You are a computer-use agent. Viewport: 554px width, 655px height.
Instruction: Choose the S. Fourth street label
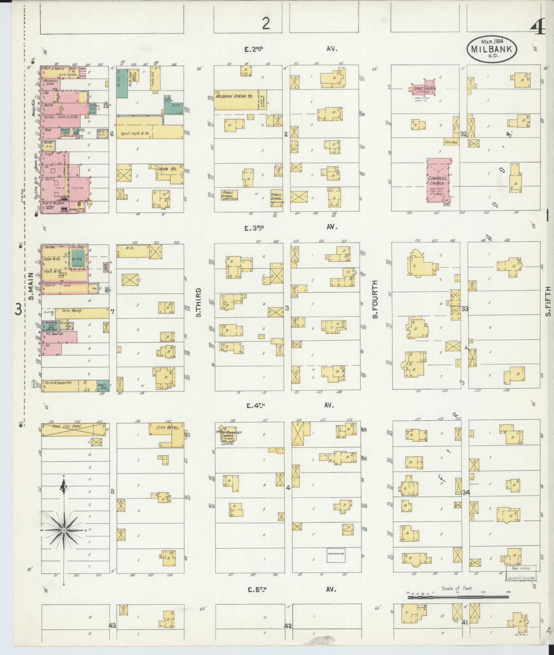(375, 299)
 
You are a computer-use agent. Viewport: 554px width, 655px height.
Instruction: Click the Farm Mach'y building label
(72, 311)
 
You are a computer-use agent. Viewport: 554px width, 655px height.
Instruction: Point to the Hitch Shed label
(451, 142)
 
